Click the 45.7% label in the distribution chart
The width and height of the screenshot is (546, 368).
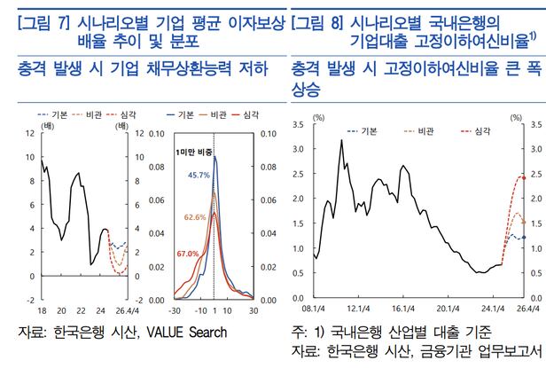[x=198, y=176]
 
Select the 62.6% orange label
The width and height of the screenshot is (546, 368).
[x=196, y=216]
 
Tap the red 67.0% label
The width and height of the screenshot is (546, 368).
[x=188, y=254]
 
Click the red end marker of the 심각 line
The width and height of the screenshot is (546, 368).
[x=524, y=177]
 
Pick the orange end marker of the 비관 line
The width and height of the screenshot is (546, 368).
[x=524, y=223]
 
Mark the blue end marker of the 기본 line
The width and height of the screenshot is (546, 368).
[x=524, y=238]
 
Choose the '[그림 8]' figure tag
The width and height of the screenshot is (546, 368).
[x=320, y=23]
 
